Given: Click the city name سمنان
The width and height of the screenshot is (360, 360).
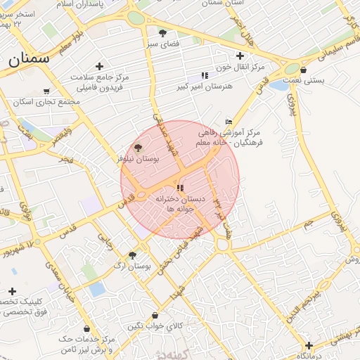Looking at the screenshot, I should [x=29, y=58].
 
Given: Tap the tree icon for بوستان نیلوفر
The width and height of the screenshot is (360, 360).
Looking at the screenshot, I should [x=138, y=148].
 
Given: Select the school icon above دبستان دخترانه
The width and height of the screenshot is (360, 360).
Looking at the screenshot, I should [x=180, y=188].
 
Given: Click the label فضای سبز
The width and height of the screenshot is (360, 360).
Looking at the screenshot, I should [x=162, y=44].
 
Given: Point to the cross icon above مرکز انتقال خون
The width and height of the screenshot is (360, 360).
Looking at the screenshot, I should [x=240, y=56].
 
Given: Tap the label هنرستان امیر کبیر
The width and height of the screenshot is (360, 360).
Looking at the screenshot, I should [x=204, y=86].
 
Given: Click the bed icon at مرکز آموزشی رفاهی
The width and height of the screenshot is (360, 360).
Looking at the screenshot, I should [x=228, y=121].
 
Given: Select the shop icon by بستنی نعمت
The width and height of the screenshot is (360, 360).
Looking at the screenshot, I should [x=303, y=70].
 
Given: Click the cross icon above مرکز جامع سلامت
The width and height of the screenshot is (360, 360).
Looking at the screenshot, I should [x=99, y=66].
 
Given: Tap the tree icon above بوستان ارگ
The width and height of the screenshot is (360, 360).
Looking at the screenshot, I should [x=132, y=255].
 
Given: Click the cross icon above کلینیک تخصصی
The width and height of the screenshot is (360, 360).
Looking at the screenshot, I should [x=12, y=291].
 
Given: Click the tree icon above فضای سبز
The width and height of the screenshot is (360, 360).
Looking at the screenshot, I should [x=162, y=33].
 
